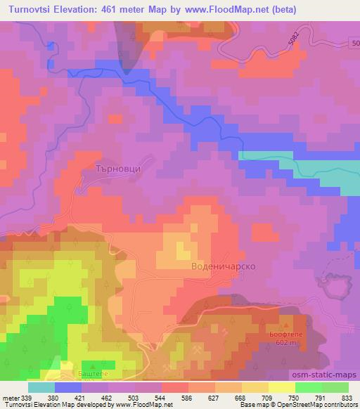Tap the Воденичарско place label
pos(223,267)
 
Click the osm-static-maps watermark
pos(330,375)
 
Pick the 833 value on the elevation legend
pos(347,398)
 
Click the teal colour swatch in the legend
pos(41,387)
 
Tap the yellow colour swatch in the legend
pos(281,387)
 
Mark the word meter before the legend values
pos(10,398)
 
